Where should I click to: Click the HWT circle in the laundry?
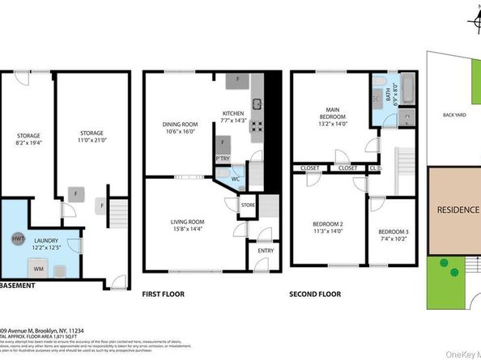(x=18, y=239)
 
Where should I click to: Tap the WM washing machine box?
(x=38, y=266)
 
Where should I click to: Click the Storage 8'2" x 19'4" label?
(x=28, y=139)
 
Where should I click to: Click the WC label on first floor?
(x=234, y=179)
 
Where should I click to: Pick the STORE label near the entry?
(x=248, y=207)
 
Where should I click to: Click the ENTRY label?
(x=266, y=251)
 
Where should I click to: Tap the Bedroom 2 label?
(x=328, y=227)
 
